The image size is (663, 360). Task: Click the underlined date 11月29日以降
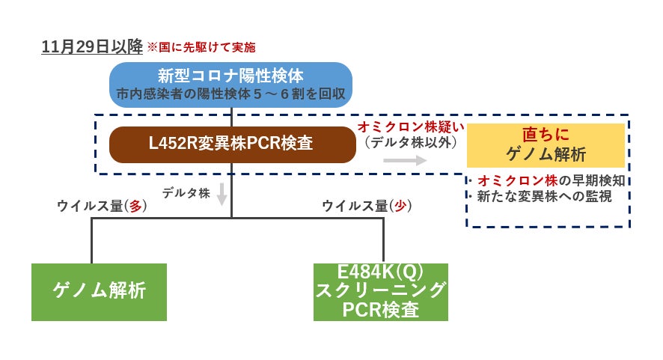point(91,46)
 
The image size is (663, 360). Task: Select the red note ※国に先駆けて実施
point(201,47)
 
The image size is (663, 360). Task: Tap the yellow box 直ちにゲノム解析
point(546,145)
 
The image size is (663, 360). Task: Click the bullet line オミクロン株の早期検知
point(551,181)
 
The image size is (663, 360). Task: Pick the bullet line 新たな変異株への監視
point(545,197)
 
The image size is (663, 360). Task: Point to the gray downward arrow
point(222,194)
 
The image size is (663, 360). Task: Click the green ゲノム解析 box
point(99,291)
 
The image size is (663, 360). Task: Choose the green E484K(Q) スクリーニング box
point(381,291)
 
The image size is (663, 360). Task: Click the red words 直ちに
point(546,135)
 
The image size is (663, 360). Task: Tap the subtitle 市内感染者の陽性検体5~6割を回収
point(230,96)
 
